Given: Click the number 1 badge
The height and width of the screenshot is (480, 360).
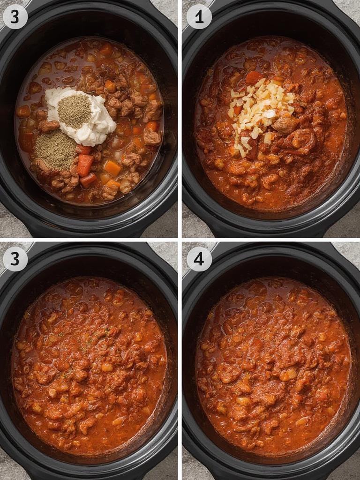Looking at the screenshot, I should coord(199,17).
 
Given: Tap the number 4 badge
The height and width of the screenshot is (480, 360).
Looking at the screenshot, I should coord(199,259).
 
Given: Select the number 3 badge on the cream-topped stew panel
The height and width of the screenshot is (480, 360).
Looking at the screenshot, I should coord(15,17).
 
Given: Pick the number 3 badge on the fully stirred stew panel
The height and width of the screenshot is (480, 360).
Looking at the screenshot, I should coord(15,259).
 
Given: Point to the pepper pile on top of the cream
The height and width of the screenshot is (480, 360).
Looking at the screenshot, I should coord(74,111).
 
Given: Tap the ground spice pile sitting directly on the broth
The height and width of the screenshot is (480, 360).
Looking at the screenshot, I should coord(56,150).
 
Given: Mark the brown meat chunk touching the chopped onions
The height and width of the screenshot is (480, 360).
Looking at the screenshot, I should coord(285,125).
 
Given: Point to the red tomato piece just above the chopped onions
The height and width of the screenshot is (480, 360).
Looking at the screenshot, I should coord(254,77).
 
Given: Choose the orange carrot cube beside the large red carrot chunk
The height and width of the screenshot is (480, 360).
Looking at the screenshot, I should coord(112,167).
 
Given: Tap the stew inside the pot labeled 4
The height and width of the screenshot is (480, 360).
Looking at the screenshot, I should coord(272,366).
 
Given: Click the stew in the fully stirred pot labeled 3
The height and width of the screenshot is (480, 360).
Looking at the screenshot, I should coord(89,366).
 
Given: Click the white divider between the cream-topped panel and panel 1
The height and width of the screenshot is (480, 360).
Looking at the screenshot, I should coord(180,117).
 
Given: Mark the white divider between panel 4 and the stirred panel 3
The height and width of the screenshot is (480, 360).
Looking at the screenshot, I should coord(180,361).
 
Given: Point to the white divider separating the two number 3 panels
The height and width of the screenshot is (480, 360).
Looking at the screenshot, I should coord(89,240).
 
